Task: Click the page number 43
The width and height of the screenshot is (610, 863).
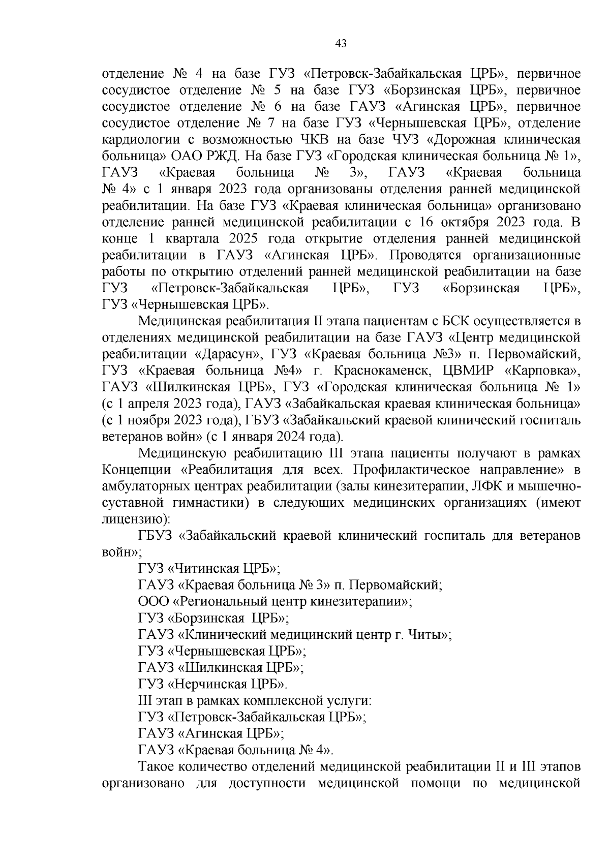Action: [x=341, y=44]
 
